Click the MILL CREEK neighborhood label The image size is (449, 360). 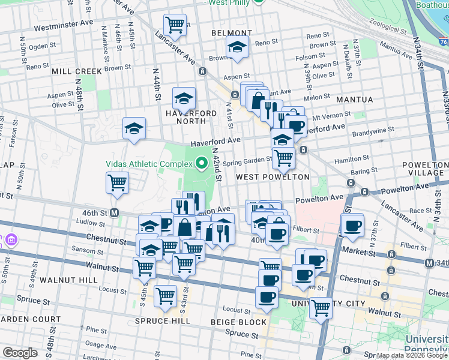(x=77, y=71)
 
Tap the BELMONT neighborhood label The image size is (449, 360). (x=232, y=33)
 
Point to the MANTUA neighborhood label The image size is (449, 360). (x=355, y=99)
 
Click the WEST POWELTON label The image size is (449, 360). (x=273, y=177)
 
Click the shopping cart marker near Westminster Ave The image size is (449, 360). (x=175, y=25)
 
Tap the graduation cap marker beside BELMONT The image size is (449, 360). (x=238, y=47)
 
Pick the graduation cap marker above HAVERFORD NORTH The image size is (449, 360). (x=184, y=97)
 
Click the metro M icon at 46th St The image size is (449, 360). (x=119, y=213)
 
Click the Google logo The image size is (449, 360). (x=20, y=353)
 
